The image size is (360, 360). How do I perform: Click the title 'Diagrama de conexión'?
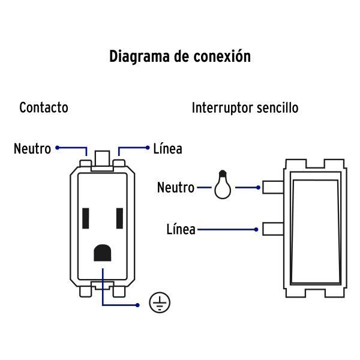180,56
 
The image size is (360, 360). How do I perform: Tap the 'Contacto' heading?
44,108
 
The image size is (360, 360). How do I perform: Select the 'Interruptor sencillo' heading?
245,108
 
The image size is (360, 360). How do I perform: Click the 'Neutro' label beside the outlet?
32,148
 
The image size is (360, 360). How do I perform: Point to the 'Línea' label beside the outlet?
167,148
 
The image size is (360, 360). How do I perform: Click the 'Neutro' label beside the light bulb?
176,188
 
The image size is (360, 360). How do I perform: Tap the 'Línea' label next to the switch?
181,229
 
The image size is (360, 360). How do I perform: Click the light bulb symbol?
222,186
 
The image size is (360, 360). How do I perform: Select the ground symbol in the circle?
160,303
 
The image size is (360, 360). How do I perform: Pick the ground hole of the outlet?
103,252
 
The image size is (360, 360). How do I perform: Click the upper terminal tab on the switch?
273,188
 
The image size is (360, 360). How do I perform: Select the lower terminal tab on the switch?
273,229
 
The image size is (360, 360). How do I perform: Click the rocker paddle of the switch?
315,231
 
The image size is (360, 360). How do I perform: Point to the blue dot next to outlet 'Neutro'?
58,147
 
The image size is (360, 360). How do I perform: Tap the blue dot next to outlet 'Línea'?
148,147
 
